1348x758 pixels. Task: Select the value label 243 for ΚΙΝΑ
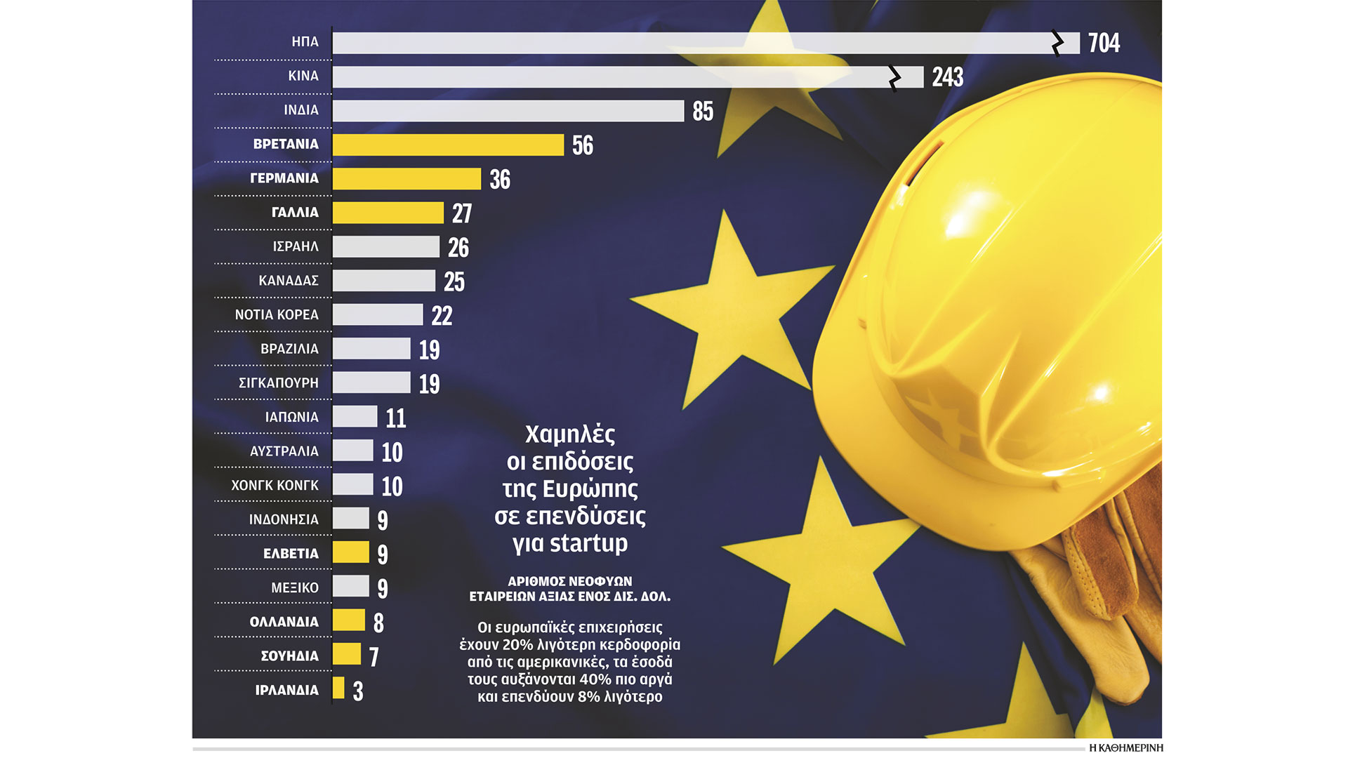947,77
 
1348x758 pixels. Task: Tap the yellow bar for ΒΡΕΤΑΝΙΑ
448,145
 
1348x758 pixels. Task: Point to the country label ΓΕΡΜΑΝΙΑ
284,178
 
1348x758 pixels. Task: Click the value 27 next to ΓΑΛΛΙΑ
461,213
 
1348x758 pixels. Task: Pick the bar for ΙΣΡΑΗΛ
386,246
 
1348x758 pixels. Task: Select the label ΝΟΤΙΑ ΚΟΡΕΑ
277,315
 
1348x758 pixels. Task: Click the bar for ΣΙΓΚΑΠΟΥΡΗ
371,383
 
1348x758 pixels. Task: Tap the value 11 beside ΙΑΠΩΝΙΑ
396,418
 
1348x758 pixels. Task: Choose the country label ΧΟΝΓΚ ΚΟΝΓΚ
275,486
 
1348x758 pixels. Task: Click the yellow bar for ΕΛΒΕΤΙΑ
350,552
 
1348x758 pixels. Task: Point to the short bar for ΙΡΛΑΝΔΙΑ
338,689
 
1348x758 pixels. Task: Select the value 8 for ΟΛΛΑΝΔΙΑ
378,623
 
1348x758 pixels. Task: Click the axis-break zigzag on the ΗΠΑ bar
1057,43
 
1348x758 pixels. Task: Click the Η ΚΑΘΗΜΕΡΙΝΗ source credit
1125,748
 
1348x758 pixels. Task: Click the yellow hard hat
997,295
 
